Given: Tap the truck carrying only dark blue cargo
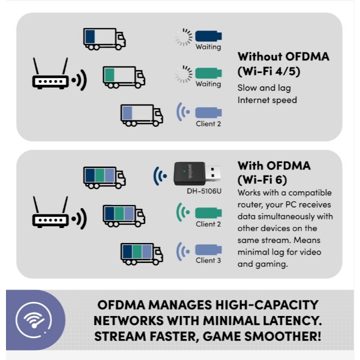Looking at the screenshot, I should (104, 38).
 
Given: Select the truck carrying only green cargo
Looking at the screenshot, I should (123, 76).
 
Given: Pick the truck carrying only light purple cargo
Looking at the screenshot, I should (141, 114).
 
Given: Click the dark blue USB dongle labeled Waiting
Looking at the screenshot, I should (208, 36).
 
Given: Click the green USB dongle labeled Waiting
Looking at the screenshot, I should (208, 73).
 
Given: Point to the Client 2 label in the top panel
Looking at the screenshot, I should (208, 123).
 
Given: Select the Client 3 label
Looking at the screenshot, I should (208, 260).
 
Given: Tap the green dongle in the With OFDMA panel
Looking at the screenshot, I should (208, 212).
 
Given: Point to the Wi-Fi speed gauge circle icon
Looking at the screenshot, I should (33, 318).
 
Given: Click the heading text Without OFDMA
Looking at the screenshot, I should (283, 56).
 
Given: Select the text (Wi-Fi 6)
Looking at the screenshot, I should (262, 178).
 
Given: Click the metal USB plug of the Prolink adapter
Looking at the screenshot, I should (213, 174).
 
